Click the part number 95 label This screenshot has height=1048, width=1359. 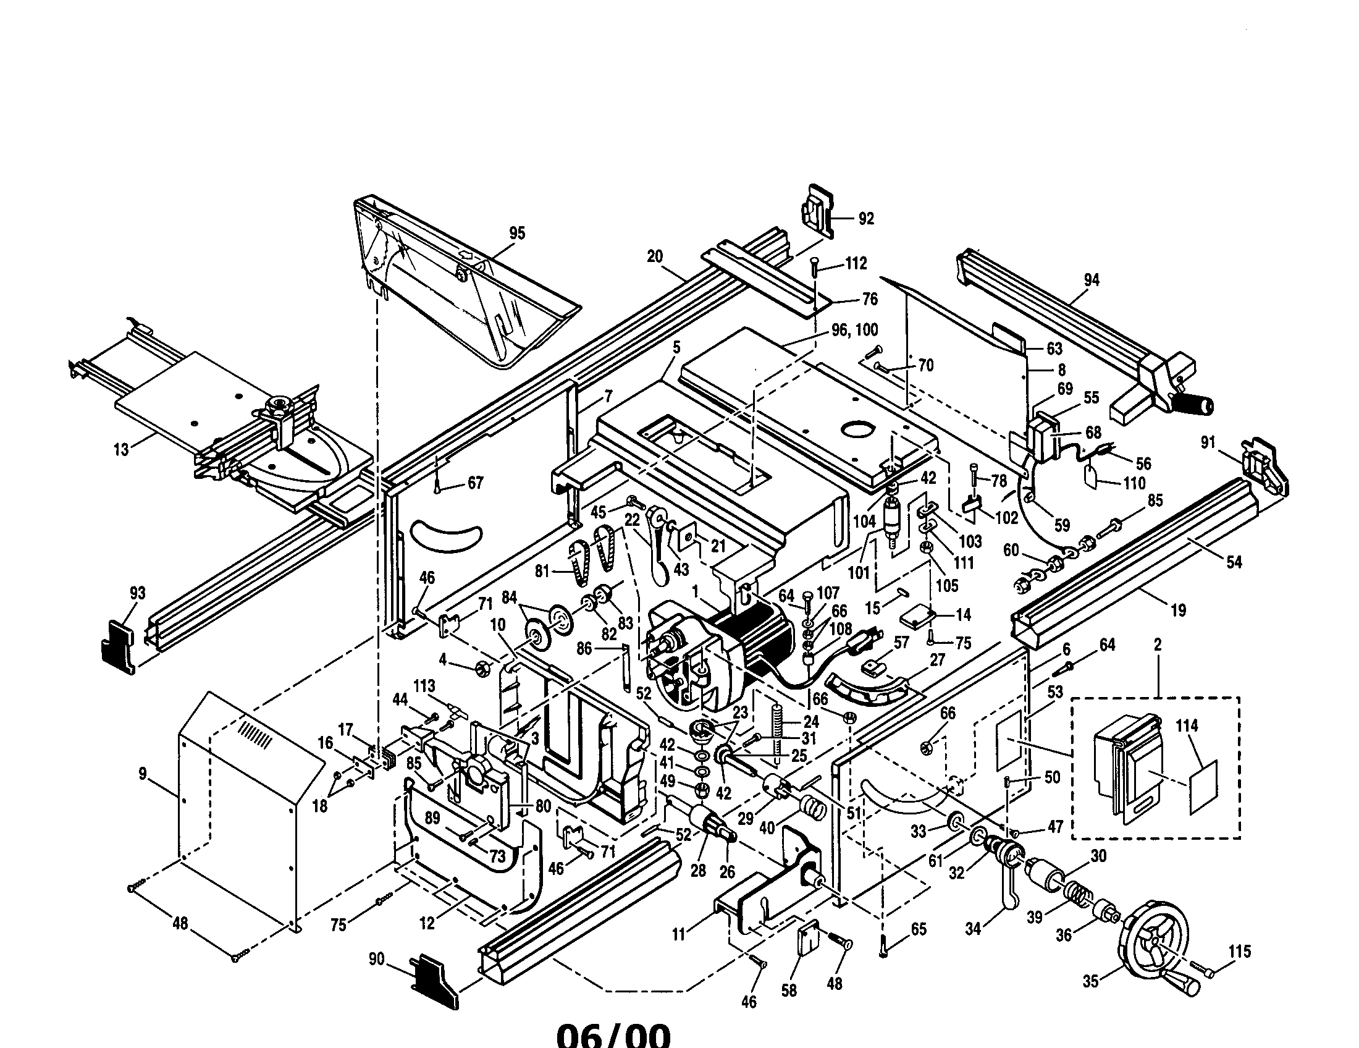(x=517, y=234)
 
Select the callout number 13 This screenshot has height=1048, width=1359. (x=121, y=449)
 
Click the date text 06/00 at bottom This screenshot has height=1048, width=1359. (x=613, y=1033)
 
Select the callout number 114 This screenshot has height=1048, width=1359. (x=1187, y=725)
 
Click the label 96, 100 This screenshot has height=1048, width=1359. (x=854, y=331)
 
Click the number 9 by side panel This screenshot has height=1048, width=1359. (x=143, y=774)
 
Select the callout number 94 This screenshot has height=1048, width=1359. (x=1092, y=280)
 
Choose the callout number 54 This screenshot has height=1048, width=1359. (x=1234, y=562)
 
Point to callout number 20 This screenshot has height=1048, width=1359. (x=655, y=256)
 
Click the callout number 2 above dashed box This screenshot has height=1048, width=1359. (x=1158, y=644)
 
